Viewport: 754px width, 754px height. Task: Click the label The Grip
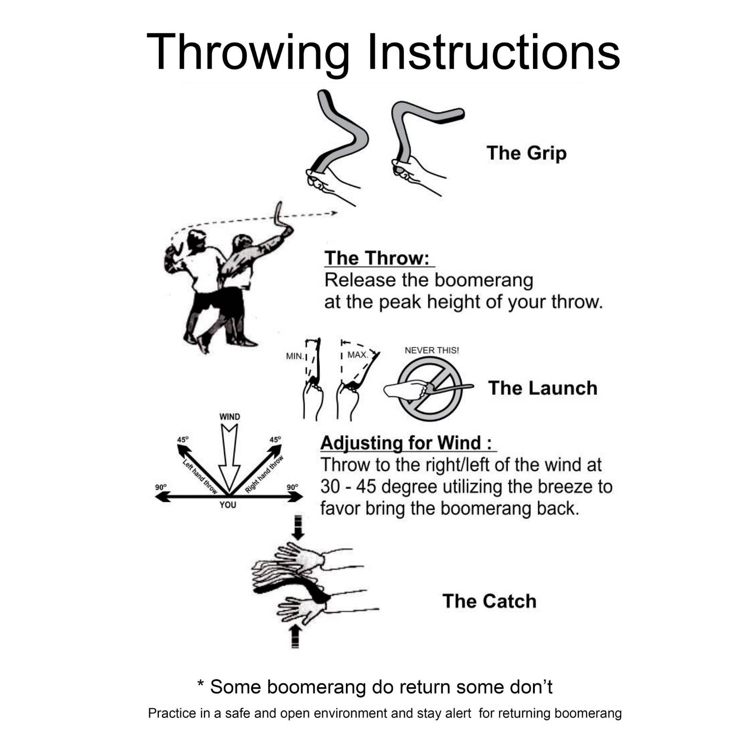(x=526, y=153)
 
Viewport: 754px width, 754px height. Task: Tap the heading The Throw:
(x=377, y=258)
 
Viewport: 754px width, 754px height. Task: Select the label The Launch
(x=542, y=388)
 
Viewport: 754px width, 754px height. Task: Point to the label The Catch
(x=489, y=601)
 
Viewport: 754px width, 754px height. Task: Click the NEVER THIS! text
(x=431, y=350)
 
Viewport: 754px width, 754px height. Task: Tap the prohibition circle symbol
(x=430, y=388)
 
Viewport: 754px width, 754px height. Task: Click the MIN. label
(x=295, y=356)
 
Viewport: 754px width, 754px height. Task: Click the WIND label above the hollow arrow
(x=229, y=417)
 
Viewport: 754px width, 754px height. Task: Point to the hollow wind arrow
(x=229, y=457)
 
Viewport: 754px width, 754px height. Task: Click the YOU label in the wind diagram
(x=228, y=505)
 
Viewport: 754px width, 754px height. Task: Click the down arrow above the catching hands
(x=298, y=528)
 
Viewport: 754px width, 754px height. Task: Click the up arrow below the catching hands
(x=295, y=636)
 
